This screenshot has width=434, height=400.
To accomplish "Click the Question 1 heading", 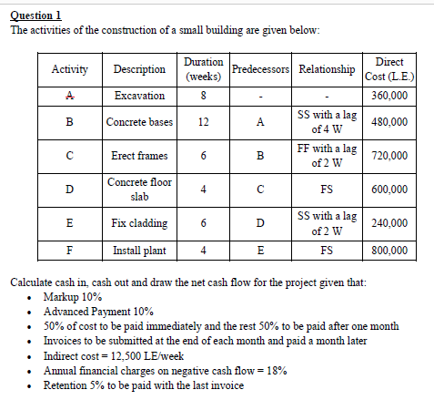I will point(35,15).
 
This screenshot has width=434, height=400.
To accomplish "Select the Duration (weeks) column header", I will point(204,68).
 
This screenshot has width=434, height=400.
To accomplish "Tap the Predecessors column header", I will point(260,69).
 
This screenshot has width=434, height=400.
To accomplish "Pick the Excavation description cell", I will point(139,96).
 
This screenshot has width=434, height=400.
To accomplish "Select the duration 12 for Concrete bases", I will point(204,122).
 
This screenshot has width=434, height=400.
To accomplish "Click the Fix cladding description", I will point(139,222).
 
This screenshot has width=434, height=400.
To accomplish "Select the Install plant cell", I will point(139,250).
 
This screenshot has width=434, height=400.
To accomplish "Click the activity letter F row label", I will point(69,250).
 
